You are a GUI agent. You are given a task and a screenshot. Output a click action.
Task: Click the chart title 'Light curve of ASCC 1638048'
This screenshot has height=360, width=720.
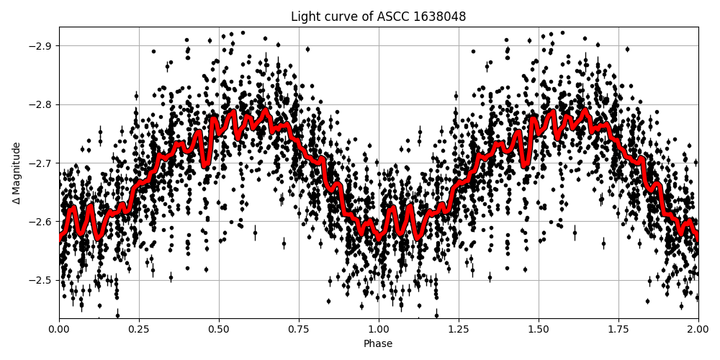[x=378, y=17]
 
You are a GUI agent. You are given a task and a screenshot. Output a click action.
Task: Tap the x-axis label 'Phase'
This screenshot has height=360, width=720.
[x=378, y=344]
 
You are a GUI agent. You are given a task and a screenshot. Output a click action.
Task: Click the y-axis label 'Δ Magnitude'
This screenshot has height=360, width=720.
[x=16, y=173]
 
